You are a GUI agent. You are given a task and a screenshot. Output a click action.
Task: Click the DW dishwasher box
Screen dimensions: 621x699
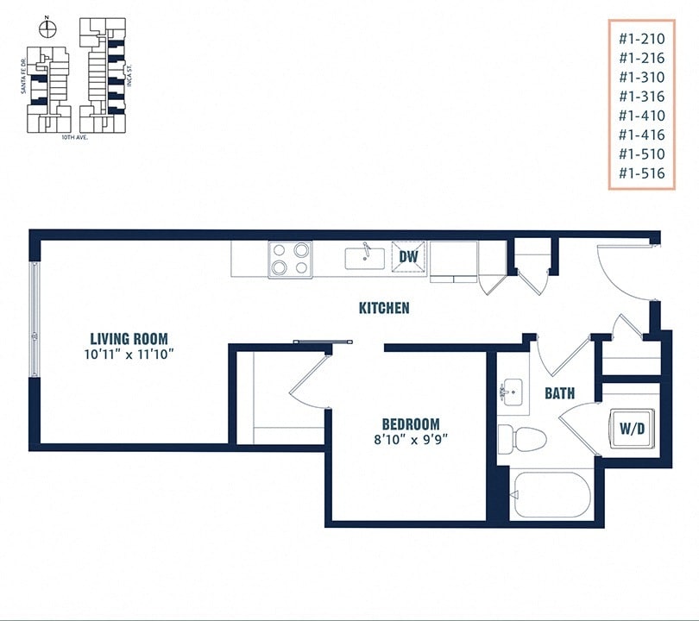(408, 256)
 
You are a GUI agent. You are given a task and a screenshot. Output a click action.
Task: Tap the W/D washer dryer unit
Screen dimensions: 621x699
(630, 426)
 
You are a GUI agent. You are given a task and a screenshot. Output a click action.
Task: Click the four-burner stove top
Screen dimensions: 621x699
(290, 258)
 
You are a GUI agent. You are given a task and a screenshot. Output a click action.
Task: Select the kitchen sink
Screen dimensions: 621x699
(366, 257)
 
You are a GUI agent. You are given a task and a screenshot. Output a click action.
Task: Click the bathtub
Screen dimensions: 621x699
(550, 495)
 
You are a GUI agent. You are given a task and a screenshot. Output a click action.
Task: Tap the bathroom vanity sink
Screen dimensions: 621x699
(513, 394)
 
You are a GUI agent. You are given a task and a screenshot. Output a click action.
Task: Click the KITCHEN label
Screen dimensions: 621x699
(384, 308)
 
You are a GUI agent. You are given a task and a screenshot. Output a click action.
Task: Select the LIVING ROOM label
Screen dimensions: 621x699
(129, 338)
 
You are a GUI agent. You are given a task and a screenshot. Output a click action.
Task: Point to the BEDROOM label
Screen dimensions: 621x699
(411, 424)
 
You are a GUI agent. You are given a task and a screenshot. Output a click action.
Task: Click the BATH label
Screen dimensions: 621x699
(559, 393)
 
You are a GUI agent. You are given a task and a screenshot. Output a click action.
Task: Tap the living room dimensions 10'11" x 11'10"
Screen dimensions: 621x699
(129, 354)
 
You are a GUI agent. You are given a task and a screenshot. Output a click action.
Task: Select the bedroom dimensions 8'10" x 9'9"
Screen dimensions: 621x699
(411, 439)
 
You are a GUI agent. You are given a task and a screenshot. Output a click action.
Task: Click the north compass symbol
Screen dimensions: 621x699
(49, 29)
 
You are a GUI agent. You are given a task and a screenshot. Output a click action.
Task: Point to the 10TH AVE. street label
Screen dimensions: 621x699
(75, 137)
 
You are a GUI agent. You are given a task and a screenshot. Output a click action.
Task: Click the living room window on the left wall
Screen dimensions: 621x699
(35, 318)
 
